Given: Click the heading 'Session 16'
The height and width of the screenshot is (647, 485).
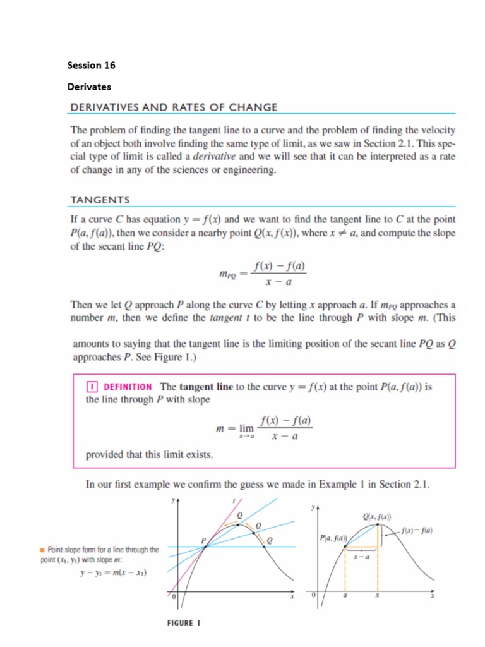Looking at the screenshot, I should click(91, 65).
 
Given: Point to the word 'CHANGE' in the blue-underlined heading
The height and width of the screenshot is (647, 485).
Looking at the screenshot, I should click(255, 107).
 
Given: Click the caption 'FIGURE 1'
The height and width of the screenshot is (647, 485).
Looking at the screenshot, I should click(183, 622).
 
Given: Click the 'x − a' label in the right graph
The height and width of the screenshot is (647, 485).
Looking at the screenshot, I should click(361, 557).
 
